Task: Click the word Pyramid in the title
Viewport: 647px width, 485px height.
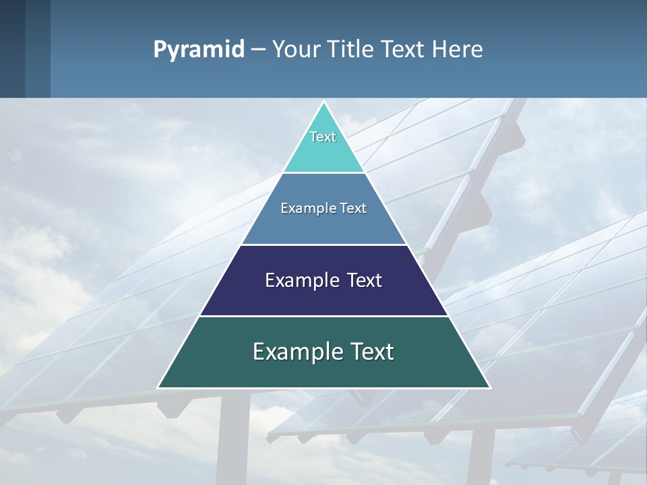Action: tap(199, 50)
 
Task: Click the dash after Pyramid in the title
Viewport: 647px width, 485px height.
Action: tap(258, 50)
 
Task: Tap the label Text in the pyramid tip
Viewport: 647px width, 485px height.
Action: tap(323, 137)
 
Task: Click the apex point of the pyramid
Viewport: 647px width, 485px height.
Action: tap(323, 103)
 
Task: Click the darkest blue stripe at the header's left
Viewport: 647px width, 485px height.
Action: tap(12, 48)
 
